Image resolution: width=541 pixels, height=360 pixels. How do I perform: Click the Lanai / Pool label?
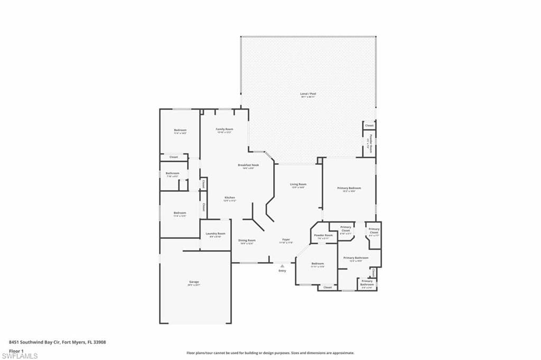(x=308, y=95)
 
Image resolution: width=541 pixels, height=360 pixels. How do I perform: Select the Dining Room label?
(x=247, y=241)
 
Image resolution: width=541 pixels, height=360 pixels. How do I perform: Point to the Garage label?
(x=194, y=283)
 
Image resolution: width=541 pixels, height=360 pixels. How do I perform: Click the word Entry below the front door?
(x=282, y=271)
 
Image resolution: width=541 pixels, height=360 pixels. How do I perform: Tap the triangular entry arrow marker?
(x=282, y=266)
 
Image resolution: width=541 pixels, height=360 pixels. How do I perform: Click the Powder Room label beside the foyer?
(x=323, y=236)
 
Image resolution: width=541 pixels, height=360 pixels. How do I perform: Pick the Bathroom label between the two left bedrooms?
(x=173, y=174)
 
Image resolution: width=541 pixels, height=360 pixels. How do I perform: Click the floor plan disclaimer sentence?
(x=270, y=353)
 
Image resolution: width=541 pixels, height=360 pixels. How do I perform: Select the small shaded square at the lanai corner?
(x=319, y=159)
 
